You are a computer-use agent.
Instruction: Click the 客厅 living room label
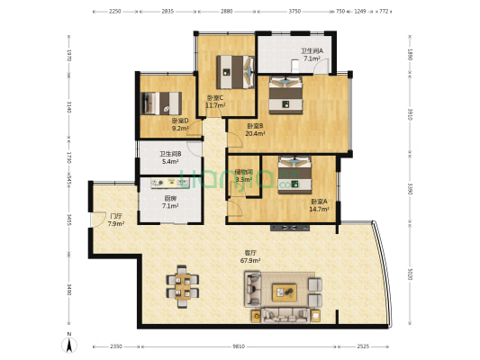(251, 253)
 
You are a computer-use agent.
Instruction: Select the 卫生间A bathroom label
(312, 50)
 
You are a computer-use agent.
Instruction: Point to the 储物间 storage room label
(243, 172)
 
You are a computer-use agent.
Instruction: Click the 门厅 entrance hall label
(115, 216)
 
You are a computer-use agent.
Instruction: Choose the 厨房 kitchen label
(169, 199)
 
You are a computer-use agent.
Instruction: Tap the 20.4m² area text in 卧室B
(255, 134)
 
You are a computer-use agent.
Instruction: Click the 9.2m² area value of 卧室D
(180, 129)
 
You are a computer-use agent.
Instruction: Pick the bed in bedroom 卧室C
(235, 67)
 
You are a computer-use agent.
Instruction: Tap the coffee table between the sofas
(286, 291)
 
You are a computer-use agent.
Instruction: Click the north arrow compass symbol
(69, 343)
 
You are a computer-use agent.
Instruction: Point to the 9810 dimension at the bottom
(238, 345)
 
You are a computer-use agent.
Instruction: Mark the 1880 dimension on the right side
(408, 54)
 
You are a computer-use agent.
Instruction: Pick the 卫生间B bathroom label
(171, 153)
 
